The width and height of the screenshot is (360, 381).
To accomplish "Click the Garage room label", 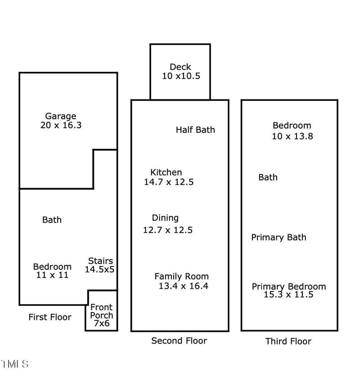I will (x=60, y=116).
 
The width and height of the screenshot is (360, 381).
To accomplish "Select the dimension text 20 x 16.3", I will (x=61, y=126).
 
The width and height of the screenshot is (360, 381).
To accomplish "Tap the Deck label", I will (x=180, y=67).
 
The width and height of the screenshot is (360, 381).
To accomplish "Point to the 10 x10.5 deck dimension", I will (x=181, y=76).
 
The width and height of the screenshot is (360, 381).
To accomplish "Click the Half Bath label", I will (x=195, y=130).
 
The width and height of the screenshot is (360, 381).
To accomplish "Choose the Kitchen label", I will (x=166, y=172).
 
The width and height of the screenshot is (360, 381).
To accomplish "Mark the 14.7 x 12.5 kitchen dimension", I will (x=169, y=182).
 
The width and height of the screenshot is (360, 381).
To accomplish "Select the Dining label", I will (x=165, y=218).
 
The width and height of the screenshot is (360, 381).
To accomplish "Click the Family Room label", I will (x=181, y=277).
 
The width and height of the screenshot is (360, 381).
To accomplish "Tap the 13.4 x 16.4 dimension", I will (x=183, y=286).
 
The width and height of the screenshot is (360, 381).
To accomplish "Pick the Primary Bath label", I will (x=279, y=238).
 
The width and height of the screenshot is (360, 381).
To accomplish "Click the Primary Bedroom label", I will (x=288, y=287).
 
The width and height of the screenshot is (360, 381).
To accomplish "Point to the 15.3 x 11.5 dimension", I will (x=288, y=295).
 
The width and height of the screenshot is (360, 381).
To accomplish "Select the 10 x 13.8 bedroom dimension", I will (x=292, y=136).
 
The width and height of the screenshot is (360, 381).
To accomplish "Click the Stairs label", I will (x=100, y=261).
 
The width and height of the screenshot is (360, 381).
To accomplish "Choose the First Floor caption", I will (x=50, y=317).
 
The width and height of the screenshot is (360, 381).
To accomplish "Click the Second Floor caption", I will (x=179, y=341).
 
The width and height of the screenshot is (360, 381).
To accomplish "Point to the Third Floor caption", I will (x=288, y=341).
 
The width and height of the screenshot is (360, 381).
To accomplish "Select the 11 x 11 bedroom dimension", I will (x=52, y=275).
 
